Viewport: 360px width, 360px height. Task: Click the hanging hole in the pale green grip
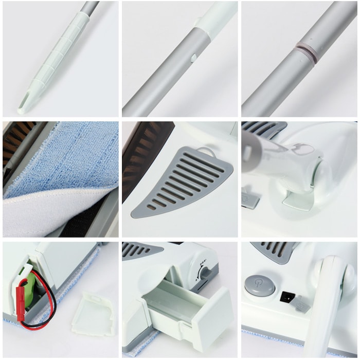pos(26,98)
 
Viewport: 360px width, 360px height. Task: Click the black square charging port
pos(284,297)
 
